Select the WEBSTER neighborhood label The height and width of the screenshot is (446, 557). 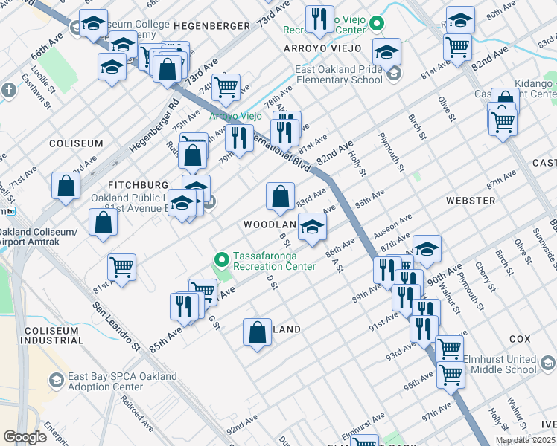pyautogui.click(x=470, y=201)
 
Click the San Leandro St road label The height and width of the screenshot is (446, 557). pyautogui.click(x=116, y=326)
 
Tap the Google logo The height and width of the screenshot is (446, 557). pyautogui.click(x=25, y=437)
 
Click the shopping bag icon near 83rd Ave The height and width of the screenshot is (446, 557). pyautogui.click(x=279, y=197)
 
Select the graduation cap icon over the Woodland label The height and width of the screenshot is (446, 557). pyautogui.click(x=312, y=227)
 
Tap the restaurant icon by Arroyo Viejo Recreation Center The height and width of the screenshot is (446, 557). pyautogui.click(x=319, y=21)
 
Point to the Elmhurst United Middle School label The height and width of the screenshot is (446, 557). pyautogui.click(x=500, y=364)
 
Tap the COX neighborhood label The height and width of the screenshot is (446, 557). pyautogui.click(x=519, y=338)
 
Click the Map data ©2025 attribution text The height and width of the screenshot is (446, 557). pyautogui.click(x=525, y=440)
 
